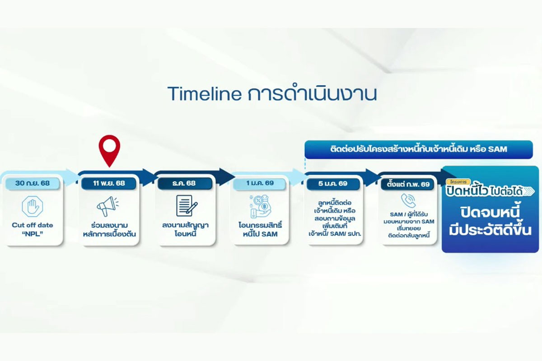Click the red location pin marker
pyautogui.click(x=109, y=150)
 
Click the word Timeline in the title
pyautogui.click(x=205, y=94)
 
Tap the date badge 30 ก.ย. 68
pyautogui.click(x=33, y=183)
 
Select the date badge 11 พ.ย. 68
pyautogui.click(x=109, y=183)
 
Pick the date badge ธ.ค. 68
pyautogui.click(x=185, y=183)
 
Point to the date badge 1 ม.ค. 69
pyautogui.click(x=260, y=183)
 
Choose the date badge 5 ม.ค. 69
pyautogui.click(x=333, y=184)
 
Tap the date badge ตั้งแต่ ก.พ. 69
pyautogui.click(x=408, y=184)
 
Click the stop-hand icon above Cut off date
pyautogui.click(x=33, y=206)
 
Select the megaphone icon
pyautogui.click(x=107, y=206)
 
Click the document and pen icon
pyautogui.click(x=187, y=205)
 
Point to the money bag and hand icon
pyautogui.click(x=260, y=206)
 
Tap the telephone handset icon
pyautogui.click(x=408, y=200)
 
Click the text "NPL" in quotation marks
pyautogui.click(x=33, y=234)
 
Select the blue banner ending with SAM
pyautogui.click(x=419, y=149)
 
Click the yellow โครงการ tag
pyautogui.click(x=458, y=182)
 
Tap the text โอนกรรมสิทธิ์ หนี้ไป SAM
pyautogui.click(x=260, y=230)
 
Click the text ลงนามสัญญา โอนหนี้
pyautogui.click(x=185, y=230)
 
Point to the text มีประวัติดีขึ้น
pyautogui.click(x=490, y=230)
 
